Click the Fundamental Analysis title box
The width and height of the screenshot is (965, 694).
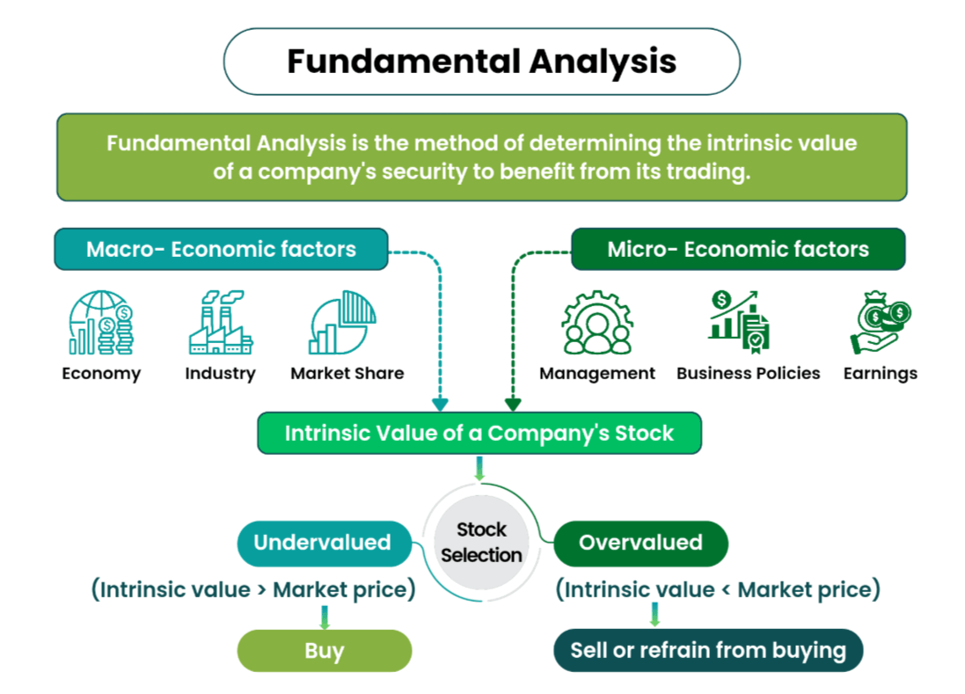[481, 62]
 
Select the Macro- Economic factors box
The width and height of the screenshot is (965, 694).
[221, 249]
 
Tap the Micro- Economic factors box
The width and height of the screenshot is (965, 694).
[737, 249]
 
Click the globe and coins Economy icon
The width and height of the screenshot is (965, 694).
[101, 323]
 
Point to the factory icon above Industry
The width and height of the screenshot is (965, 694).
[220, 323]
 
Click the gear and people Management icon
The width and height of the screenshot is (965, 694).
[596, 323]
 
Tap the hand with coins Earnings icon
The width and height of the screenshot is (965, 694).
[880, 323]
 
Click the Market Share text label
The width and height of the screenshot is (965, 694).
[347, 373]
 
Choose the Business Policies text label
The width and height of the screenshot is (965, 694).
[748, 373]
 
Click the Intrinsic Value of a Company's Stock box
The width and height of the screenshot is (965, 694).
[479, 433]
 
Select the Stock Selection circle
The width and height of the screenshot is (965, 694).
[481, 542]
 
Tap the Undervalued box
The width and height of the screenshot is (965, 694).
[323, 543]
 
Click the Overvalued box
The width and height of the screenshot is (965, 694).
[640, 543]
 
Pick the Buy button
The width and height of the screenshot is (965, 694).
[324, 651]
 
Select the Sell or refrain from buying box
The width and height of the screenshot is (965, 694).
[707, 651]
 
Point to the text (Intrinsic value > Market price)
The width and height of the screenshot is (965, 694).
[253, 589]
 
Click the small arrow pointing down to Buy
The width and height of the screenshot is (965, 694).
[324, 616]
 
